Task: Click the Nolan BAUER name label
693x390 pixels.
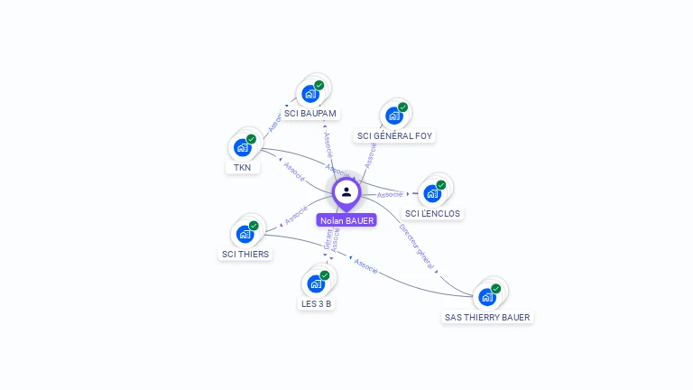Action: coord(346,220)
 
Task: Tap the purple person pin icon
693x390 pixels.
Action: coord(346,192)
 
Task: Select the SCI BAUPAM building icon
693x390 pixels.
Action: coord(310,93)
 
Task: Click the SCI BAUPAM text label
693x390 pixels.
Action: coord(310,114)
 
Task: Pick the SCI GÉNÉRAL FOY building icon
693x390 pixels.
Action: coord(394,115)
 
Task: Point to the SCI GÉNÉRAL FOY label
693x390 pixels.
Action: coord(394,136)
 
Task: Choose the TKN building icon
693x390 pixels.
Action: coord(242,147)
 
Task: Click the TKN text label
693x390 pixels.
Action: coord(242,168)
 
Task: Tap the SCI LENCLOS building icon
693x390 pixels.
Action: coord(432,193)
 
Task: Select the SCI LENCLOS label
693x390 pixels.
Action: coord(432,214)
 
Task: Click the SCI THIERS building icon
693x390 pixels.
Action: coord(245,234)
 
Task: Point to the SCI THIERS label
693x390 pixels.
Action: coord(245,255)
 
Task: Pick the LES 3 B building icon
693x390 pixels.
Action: coord(316,283)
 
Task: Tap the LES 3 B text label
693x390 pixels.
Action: coord(316,304)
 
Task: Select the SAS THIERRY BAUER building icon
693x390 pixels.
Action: coord(487,297)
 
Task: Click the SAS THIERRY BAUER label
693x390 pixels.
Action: coord(487,318)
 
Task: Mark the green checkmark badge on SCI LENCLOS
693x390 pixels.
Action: coord(441,185)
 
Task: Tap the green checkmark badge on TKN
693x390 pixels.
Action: coord(251,139)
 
